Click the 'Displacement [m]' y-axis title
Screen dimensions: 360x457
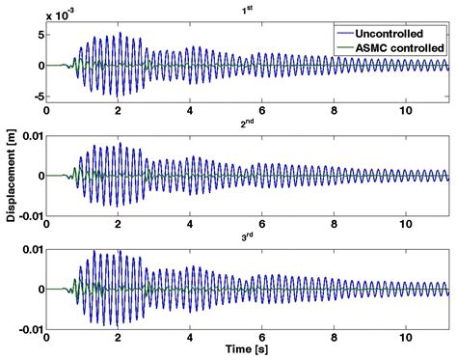click(9, 178)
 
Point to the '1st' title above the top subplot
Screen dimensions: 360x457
click(247, 12)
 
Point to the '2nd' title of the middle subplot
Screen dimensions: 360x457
click(247, 124)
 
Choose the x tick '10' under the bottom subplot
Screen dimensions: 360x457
click(406, 331)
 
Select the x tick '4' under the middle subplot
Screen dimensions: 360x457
click(191, 219)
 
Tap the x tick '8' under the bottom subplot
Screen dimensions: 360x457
click(335, 331)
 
